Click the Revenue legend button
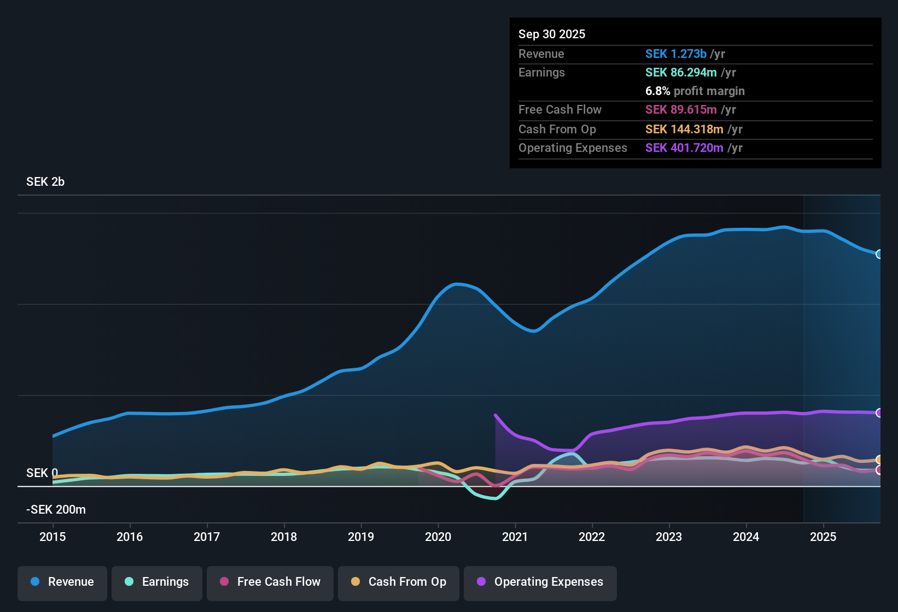pyautogui.click(x=62, y=582)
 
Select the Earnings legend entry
pyautogui.click(x=157, y=582)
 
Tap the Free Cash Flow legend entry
pyautogui.click(x=270, y=582)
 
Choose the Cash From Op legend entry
pyautogui.click(x=399, y=582)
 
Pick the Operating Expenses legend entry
pyautogui.click(x=540, y=582)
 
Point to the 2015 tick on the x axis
pyautogui.click(x=53, y=537)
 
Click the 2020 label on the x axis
pyautogui.click(x=438, y=537)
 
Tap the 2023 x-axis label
pyautogui.click(x=669, y=537)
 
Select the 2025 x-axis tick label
pyautogui.click(x=823, y=537)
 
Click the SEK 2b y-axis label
pyautogui.click(x=45, y=182)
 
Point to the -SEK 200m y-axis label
pyautogui.click(x=56, y=510)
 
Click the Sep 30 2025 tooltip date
pyautogui.click(x=552, y=34)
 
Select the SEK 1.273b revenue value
pyautogui.click(x=676, y=54)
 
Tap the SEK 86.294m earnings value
pyautogui.click(x=681, y=73)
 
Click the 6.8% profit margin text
pyautogui.click(x=695, y=91)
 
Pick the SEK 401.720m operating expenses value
pyautogui.click(x=684, y=148)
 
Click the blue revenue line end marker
pyautogui.click(x=879, y=254)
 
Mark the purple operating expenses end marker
pyautogui.click(x=879, y=413)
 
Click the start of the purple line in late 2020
pyautogui.click(x=495, y=415)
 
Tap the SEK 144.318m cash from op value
pyautogui.click(x=684, y=130)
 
